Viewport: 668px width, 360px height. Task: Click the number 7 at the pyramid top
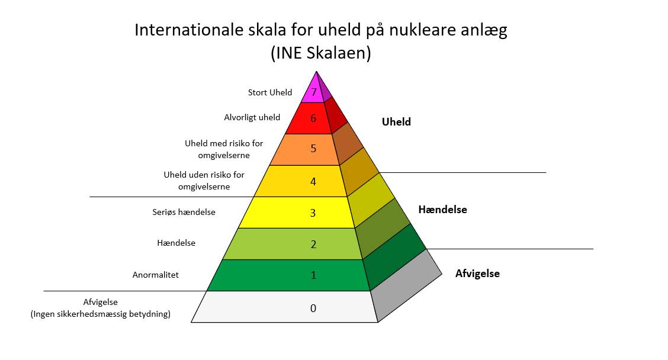coord(314,93)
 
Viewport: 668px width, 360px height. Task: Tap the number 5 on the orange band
coord(313,149)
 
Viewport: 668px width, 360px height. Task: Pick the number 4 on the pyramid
coord(313,181)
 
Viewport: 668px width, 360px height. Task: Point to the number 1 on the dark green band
coord(313,275)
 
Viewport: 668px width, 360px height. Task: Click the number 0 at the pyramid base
coord(313,308)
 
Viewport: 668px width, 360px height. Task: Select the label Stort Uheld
coord(270,92)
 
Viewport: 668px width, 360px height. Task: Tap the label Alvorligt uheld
coord(252,117)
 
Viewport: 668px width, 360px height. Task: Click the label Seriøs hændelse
coord(184,212)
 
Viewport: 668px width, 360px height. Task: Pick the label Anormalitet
coord(156,275)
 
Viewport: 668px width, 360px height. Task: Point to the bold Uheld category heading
coord(396,122)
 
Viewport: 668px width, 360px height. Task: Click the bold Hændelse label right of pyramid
coord(442,210)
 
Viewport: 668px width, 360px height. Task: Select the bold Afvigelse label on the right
coord(477,274)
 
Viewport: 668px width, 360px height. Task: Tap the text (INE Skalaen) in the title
coord(321,53)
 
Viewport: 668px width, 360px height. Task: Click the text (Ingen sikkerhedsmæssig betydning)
coord(101,314)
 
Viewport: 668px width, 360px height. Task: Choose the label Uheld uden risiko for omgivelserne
coord(204,181)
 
